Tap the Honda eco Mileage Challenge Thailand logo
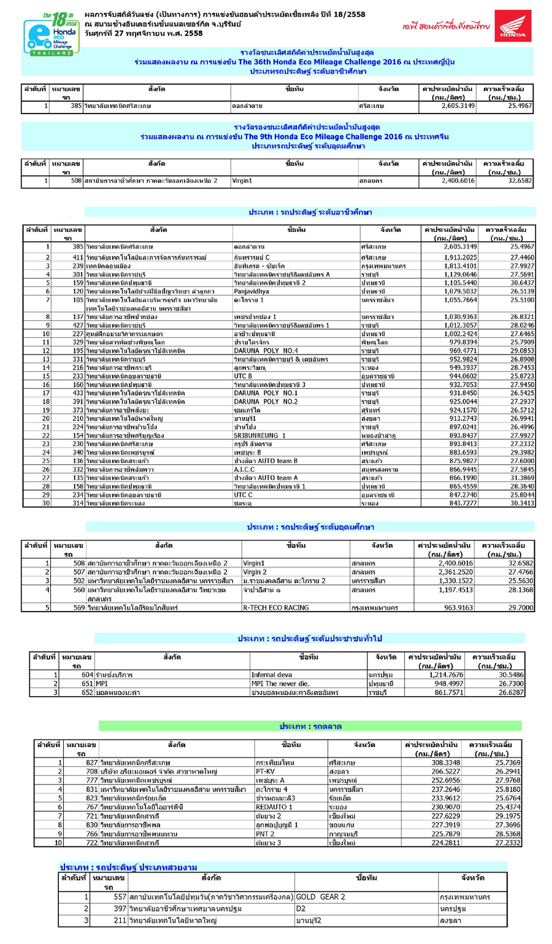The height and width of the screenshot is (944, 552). (x=50, y=34)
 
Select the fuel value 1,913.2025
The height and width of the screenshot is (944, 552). (x=459, y=257)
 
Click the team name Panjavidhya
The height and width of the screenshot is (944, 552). (x=251, y=291)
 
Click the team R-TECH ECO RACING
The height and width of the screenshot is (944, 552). (x=275, y=608)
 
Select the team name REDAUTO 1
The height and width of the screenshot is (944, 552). (x=274, y=807)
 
